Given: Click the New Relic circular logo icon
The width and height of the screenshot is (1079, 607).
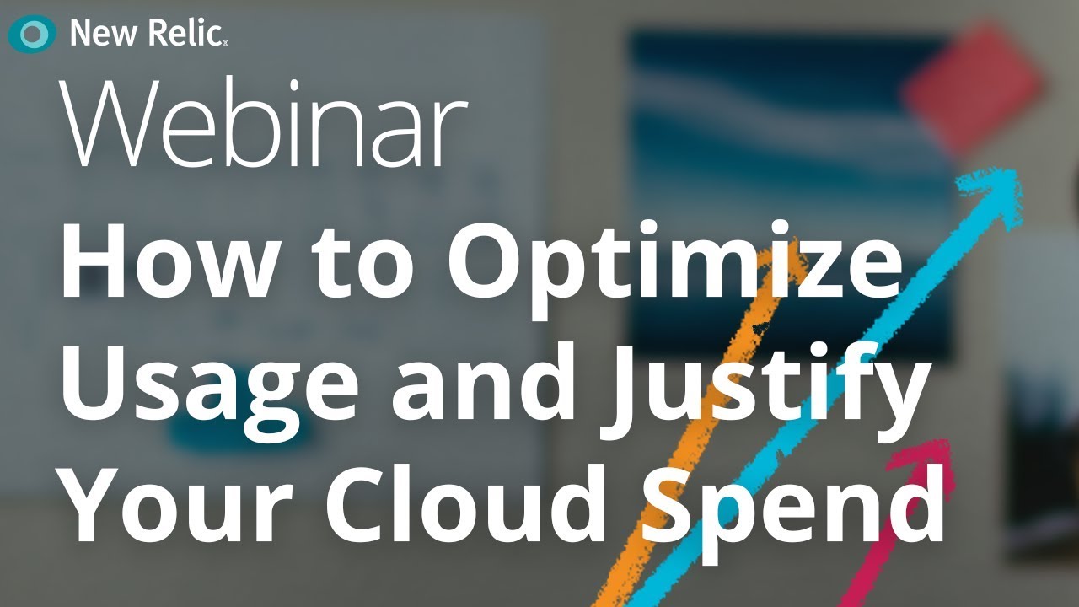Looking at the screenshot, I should [32, 35].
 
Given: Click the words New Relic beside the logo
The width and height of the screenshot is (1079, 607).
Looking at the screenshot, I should [148, 34].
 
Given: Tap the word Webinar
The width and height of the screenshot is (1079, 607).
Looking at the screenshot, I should [263, 125].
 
